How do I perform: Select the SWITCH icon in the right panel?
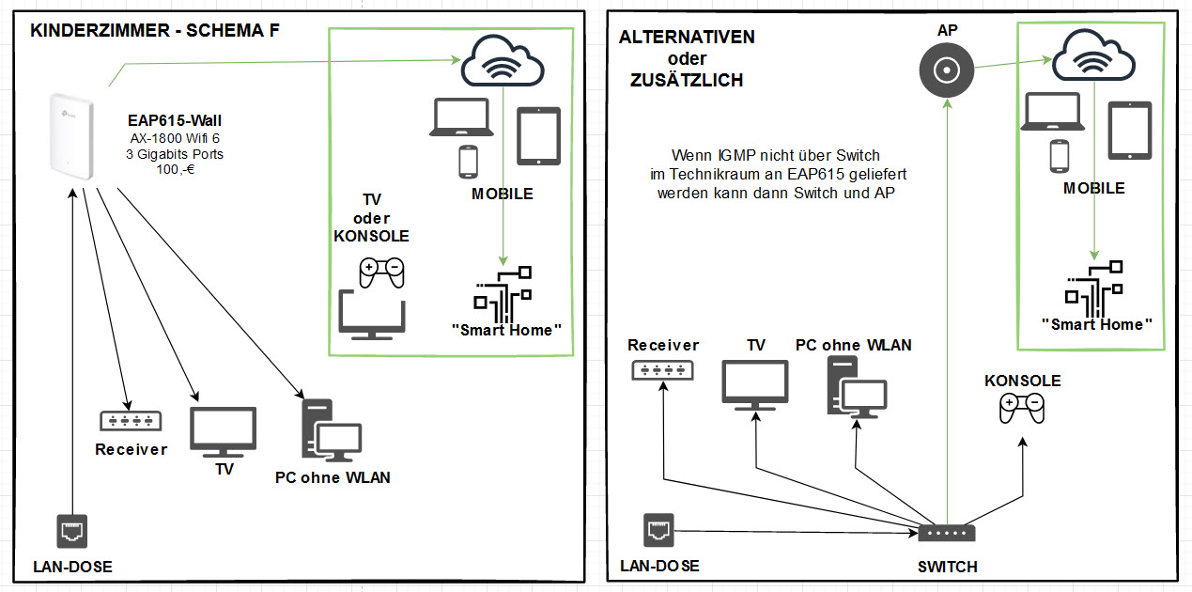click(x=947, y=533)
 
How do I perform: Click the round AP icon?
click(x=945, y=70)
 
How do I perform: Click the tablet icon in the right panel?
click(x=1129, y=131)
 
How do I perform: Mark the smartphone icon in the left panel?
click(x=468, y=162)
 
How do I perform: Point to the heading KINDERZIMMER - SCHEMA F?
click(x=155, y=31)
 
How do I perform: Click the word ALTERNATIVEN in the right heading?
click(x=687, y=39)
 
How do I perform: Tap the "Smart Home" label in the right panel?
click(x=1096, y=325)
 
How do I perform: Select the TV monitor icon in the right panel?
click(x=755, y=386)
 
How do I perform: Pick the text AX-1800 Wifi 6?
click(x=174, y=138)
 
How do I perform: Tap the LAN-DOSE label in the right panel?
click(x=659, y=567)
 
